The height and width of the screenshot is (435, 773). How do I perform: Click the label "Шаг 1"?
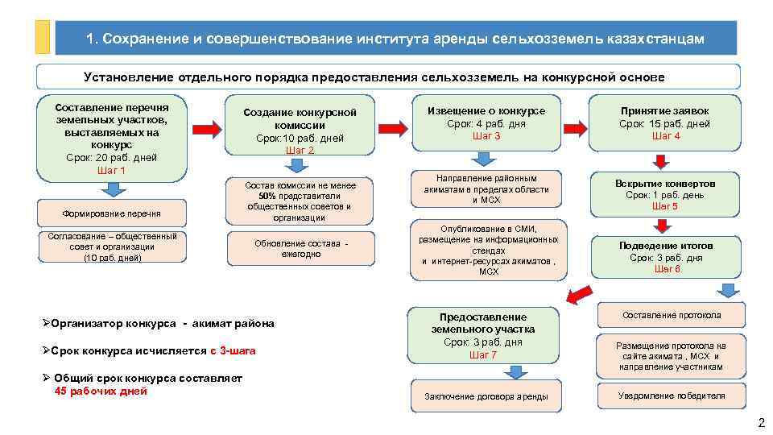(111, 171)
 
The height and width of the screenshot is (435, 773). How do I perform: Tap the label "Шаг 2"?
(300, 151)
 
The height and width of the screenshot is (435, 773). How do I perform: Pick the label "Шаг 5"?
(664, 206)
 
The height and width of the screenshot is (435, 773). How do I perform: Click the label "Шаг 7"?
(482, 355)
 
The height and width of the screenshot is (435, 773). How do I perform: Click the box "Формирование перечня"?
(111, 213)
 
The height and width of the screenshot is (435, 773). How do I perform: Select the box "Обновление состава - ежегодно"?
(300, 248)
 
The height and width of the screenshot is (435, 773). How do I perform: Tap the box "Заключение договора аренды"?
(486, 396)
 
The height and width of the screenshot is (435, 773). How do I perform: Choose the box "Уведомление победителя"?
(671, 396)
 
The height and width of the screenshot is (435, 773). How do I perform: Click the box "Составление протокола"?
(671, 315)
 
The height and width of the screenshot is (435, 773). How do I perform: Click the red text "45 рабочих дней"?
(101, 391)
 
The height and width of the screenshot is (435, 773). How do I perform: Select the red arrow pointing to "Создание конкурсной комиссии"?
(207, 130)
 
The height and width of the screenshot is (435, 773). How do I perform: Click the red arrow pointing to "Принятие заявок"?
(578, 127)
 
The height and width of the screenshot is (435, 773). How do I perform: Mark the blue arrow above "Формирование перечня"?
(113, 189)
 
